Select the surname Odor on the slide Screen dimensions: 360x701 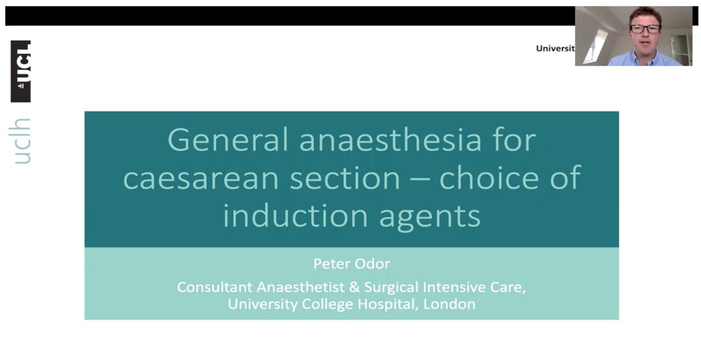372,264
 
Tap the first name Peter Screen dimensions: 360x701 332,264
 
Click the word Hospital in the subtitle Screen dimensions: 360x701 394,304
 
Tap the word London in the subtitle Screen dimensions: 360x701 450,304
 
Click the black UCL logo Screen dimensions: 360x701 21,71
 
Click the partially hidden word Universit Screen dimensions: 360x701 555,49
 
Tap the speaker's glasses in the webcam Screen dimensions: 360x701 645,28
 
